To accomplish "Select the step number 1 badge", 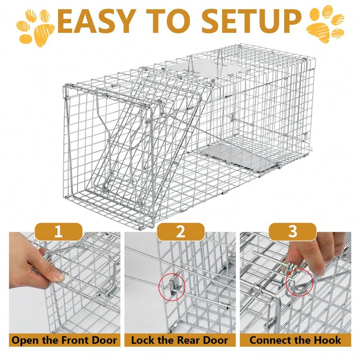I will [58, 232].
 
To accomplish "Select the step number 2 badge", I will [180, 232].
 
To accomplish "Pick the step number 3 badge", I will [293, 232].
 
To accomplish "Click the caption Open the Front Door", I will [64, 340].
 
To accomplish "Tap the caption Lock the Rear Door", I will [180, 340].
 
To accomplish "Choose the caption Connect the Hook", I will [295, 340].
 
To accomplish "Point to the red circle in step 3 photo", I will [300, 282].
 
